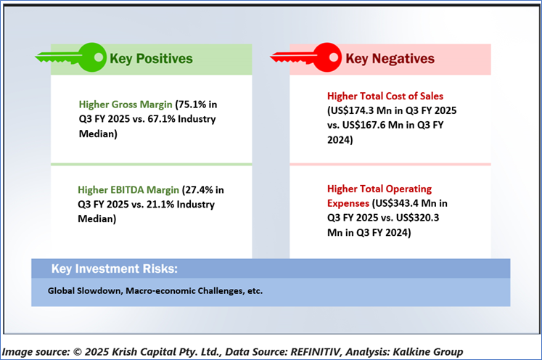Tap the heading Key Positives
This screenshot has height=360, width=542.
[151, 59]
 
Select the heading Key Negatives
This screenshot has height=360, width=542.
[390, 59]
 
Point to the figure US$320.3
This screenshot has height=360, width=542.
[417, 218]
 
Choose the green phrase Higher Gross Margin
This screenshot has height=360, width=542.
[126, 105]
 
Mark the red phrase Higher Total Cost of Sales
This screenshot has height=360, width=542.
[385, 96]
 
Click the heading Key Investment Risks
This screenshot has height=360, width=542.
[115, 269]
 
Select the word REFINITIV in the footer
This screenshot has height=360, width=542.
[315, 352]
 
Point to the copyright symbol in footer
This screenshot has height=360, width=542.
[78, 352]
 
